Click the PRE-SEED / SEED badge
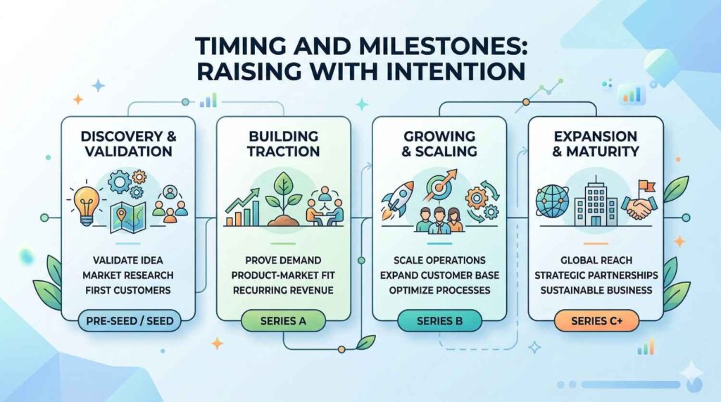(x=130, y=320)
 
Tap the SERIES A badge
(x=283, y=320)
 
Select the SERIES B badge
(x=439, y=320)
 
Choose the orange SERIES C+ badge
(x=597, y=320)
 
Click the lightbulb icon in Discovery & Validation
(x=87, y=205)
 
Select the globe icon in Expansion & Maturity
(x=552, y=201)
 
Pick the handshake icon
(x=639, y=207)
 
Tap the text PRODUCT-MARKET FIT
(x=283, y=275)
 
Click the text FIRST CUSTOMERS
(x=128, y=290)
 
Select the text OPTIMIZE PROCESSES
(x=439, y=290)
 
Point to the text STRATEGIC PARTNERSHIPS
(x=596, y=275)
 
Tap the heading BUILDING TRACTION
(x=283, y=144)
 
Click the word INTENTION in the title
(x=453, y=71)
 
